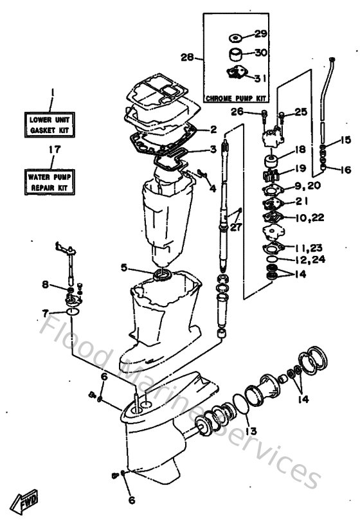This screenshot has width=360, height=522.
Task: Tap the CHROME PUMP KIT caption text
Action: tap(235, 99)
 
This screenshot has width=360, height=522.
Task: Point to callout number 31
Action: tap(259, 78)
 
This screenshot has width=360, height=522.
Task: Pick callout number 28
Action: tap(187, 57)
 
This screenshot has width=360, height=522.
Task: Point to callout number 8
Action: tap(45, 284)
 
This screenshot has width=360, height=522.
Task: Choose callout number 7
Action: tap(45, 313)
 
